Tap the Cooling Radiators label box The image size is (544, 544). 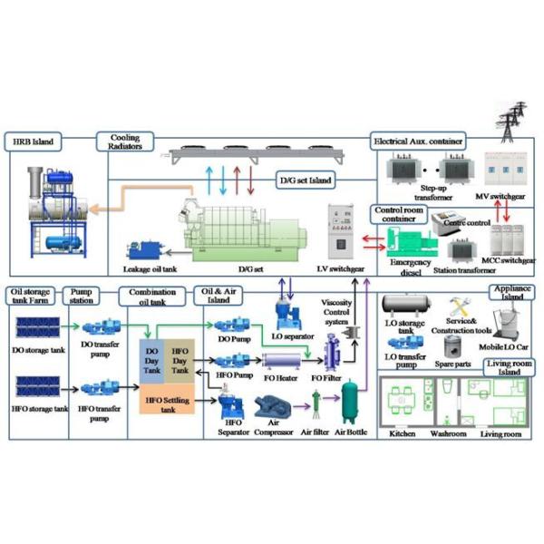point(125,142)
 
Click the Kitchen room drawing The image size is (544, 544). point(403,403)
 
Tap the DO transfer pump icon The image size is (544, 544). point(96,328)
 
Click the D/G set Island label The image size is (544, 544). point(308,181)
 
